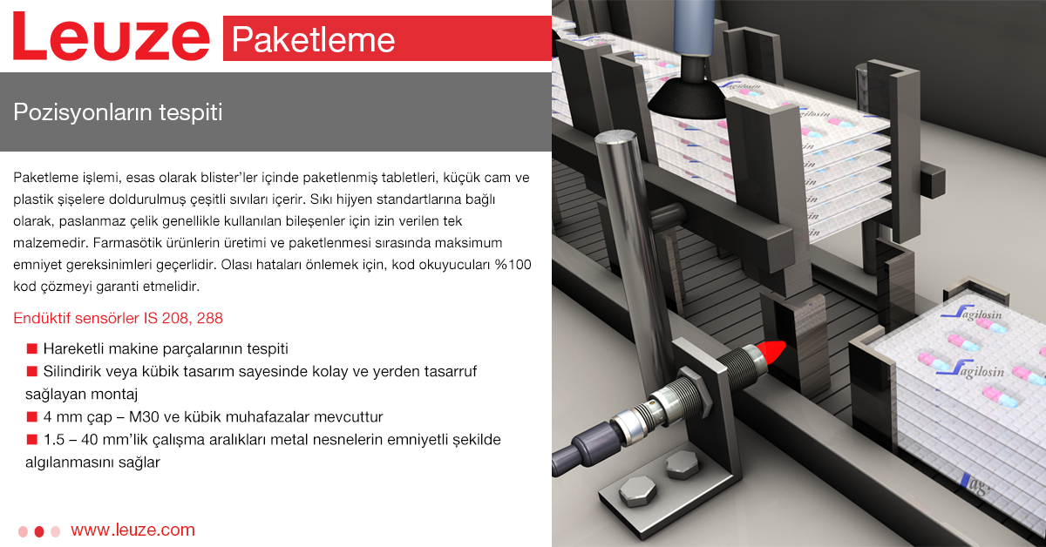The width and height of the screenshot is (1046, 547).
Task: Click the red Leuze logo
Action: click(112, 37)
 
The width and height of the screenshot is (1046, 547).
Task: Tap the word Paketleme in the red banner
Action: click(313, 40)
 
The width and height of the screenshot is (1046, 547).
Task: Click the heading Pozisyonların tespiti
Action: click(118, 112)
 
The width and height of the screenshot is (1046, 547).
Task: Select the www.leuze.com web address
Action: click(132, 530)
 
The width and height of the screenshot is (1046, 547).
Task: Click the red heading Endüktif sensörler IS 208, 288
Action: click(119, 318)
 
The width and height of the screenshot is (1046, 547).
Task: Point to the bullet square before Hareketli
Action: click(31, 348)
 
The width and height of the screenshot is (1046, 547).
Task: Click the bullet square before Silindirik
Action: click(31, 371)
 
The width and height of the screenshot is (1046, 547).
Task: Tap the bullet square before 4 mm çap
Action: click(31, 416)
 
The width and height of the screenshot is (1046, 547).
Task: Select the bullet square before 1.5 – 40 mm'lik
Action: click(31, 439)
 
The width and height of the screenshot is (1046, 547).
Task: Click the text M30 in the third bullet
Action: click(144, 417)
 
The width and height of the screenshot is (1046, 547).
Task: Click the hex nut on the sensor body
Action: click(695, 392)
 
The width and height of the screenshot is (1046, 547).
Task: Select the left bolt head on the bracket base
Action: click(638, 491)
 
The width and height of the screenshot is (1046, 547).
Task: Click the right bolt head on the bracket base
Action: click(683, 464)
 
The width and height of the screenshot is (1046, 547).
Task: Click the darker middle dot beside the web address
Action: click(39, 531)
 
